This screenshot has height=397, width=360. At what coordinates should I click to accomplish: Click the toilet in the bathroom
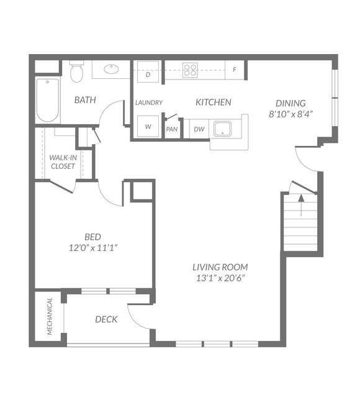[76, 71]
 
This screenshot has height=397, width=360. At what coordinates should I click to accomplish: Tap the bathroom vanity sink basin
[111, 69]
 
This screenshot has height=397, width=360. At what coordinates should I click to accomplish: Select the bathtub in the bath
[48, 100]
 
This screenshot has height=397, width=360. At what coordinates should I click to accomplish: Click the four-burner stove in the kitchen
[191, 70]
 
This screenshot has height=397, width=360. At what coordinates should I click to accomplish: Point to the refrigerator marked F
[235, 70]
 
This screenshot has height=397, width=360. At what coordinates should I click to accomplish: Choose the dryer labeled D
[148, 71]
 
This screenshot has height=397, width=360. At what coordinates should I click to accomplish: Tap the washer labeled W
[148, 127]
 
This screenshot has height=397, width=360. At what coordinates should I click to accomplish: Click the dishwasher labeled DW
[199, 129]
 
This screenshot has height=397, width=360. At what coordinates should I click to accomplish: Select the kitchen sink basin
[222, 129]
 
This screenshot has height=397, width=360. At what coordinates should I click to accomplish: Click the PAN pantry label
[172, 129]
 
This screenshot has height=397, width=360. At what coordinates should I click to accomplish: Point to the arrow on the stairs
[301, 205]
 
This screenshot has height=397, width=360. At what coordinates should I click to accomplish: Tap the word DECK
[106, 319]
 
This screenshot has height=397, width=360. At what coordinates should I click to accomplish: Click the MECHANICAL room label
[50, 316]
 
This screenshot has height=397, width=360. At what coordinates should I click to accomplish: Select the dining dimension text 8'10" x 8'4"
[291, 114]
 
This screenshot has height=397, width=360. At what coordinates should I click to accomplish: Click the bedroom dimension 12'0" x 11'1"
[93, 248]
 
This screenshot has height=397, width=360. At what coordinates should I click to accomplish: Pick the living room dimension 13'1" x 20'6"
[221, 278]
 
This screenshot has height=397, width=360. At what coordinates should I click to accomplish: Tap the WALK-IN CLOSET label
[63, 162]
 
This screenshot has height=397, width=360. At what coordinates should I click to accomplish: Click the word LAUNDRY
[149, 103]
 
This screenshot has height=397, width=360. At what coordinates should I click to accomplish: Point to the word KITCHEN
[214, 103]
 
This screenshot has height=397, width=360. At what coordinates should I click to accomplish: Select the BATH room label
[85, 100]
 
